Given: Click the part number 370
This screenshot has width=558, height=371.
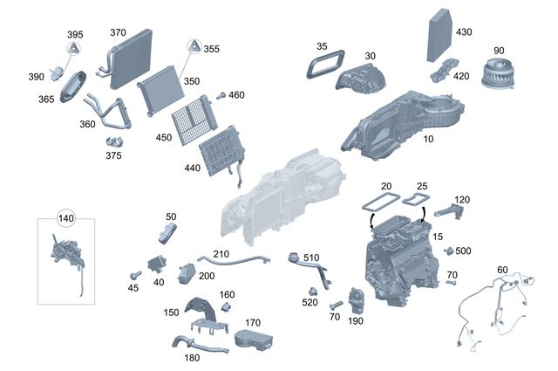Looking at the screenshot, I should (x=118, y=33).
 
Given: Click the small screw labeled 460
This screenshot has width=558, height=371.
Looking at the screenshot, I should (x=221, y=95).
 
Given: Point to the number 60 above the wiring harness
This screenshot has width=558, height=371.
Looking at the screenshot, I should (x=503, y=269).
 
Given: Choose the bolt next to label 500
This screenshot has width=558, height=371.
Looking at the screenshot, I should (x=449, y=251).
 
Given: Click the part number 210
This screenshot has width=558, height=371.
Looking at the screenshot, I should (x=221, y=254).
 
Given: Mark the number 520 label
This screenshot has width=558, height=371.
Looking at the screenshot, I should (x=310, y=303).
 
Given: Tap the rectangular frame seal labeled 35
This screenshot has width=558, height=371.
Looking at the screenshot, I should (x=323, y=64).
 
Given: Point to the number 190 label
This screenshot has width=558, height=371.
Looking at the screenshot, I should (x=356, y=321).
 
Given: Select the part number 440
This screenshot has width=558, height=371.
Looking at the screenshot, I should (x=192, y=168).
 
